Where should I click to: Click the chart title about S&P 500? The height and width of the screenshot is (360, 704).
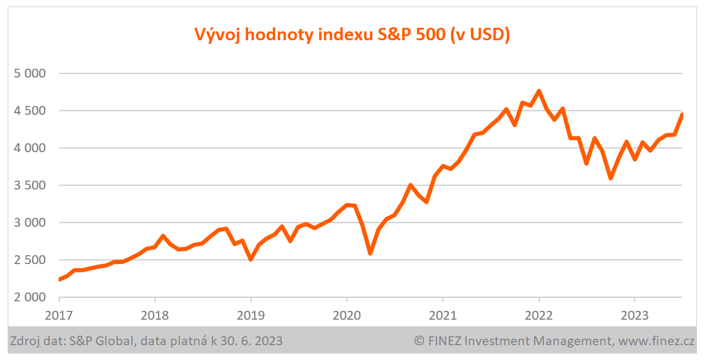[352, 35]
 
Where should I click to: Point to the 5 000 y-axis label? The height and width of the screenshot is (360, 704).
[29, 73]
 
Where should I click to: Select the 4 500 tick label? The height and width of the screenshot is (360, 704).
[29, 111]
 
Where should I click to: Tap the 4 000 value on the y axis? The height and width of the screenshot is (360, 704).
[29, 148]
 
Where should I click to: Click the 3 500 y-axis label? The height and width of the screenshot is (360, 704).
[29, 185]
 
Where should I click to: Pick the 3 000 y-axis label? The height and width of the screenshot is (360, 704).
[29, 223]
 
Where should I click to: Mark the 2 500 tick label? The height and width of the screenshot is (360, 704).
[29, 260]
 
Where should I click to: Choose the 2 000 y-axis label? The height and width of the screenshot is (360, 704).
[29, 297]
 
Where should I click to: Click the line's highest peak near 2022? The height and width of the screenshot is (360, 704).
[539, 91]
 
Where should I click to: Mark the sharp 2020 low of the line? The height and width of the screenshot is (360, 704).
[370, 253]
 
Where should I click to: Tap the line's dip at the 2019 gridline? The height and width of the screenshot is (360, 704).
[250, 259]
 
